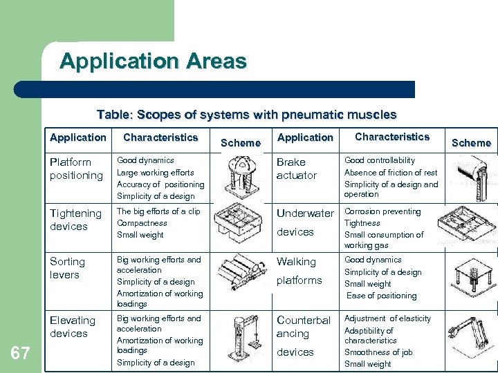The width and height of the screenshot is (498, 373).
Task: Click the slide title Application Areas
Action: (x=153, y=61)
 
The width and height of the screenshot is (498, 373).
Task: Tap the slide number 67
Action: (x=20, y=354)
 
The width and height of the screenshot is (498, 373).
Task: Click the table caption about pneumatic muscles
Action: (x=246, y=115)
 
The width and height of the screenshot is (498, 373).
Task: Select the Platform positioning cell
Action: (x=76, y=169)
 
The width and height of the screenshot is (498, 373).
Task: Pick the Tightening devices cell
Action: (x=75, y=220)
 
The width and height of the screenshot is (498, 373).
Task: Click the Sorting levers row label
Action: (x=67, y=268)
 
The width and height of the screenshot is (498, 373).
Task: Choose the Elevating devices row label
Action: (x=72, y=327)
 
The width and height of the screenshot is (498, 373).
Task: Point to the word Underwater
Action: (x=305, y=213)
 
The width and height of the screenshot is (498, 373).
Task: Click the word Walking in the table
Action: (x=296, y=262)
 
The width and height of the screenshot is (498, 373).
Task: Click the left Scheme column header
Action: (x=240, y=143)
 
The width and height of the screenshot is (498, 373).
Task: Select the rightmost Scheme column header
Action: (x=471, y=143)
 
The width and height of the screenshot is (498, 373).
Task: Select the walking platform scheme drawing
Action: (x=470, y=277)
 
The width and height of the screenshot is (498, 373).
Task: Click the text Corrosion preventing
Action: (x=382, y=211)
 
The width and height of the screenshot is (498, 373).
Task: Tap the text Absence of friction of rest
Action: (x=391, y=173)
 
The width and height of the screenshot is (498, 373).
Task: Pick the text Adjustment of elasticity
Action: (x=387, y=318)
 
